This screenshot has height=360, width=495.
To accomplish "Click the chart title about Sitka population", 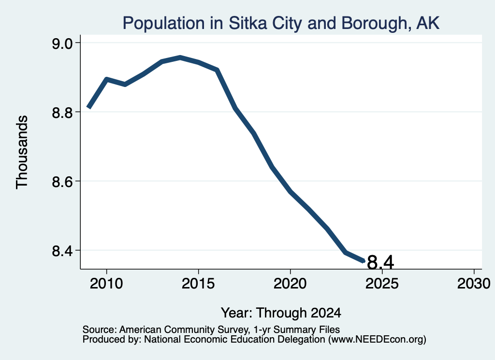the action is tap(281, 23).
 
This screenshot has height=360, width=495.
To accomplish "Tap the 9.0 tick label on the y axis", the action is tap(62, 43).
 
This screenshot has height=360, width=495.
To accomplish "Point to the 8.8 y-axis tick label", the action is tap(62, 113).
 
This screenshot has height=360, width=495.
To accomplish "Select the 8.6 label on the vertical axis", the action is tap(62, 182).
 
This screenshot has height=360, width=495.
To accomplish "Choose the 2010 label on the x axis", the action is tap(106, 284).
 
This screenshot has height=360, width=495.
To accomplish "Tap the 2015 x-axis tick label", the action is tap(198, 284).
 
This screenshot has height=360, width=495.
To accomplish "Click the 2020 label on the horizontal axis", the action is tap(290, 284).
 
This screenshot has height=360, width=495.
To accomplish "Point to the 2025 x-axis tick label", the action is tap(382, 284).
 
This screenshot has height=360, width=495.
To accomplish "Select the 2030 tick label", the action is tap(474, 284).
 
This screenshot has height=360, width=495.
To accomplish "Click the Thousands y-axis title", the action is tap(22, 152).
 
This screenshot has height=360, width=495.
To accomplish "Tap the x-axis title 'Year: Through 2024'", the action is tap(281, 313).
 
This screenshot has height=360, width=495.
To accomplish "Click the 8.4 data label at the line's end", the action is tap(380, 262).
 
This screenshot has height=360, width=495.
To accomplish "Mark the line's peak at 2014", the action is tap(180, 58).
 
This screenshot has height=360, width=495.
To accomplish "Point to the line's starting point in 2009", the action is tap(89, 107).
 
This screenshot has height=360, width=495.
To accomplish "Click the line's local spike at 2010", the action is tap(107, 79).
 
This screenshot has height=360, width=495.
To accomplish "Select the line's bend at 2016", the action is tap(217, 70).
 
